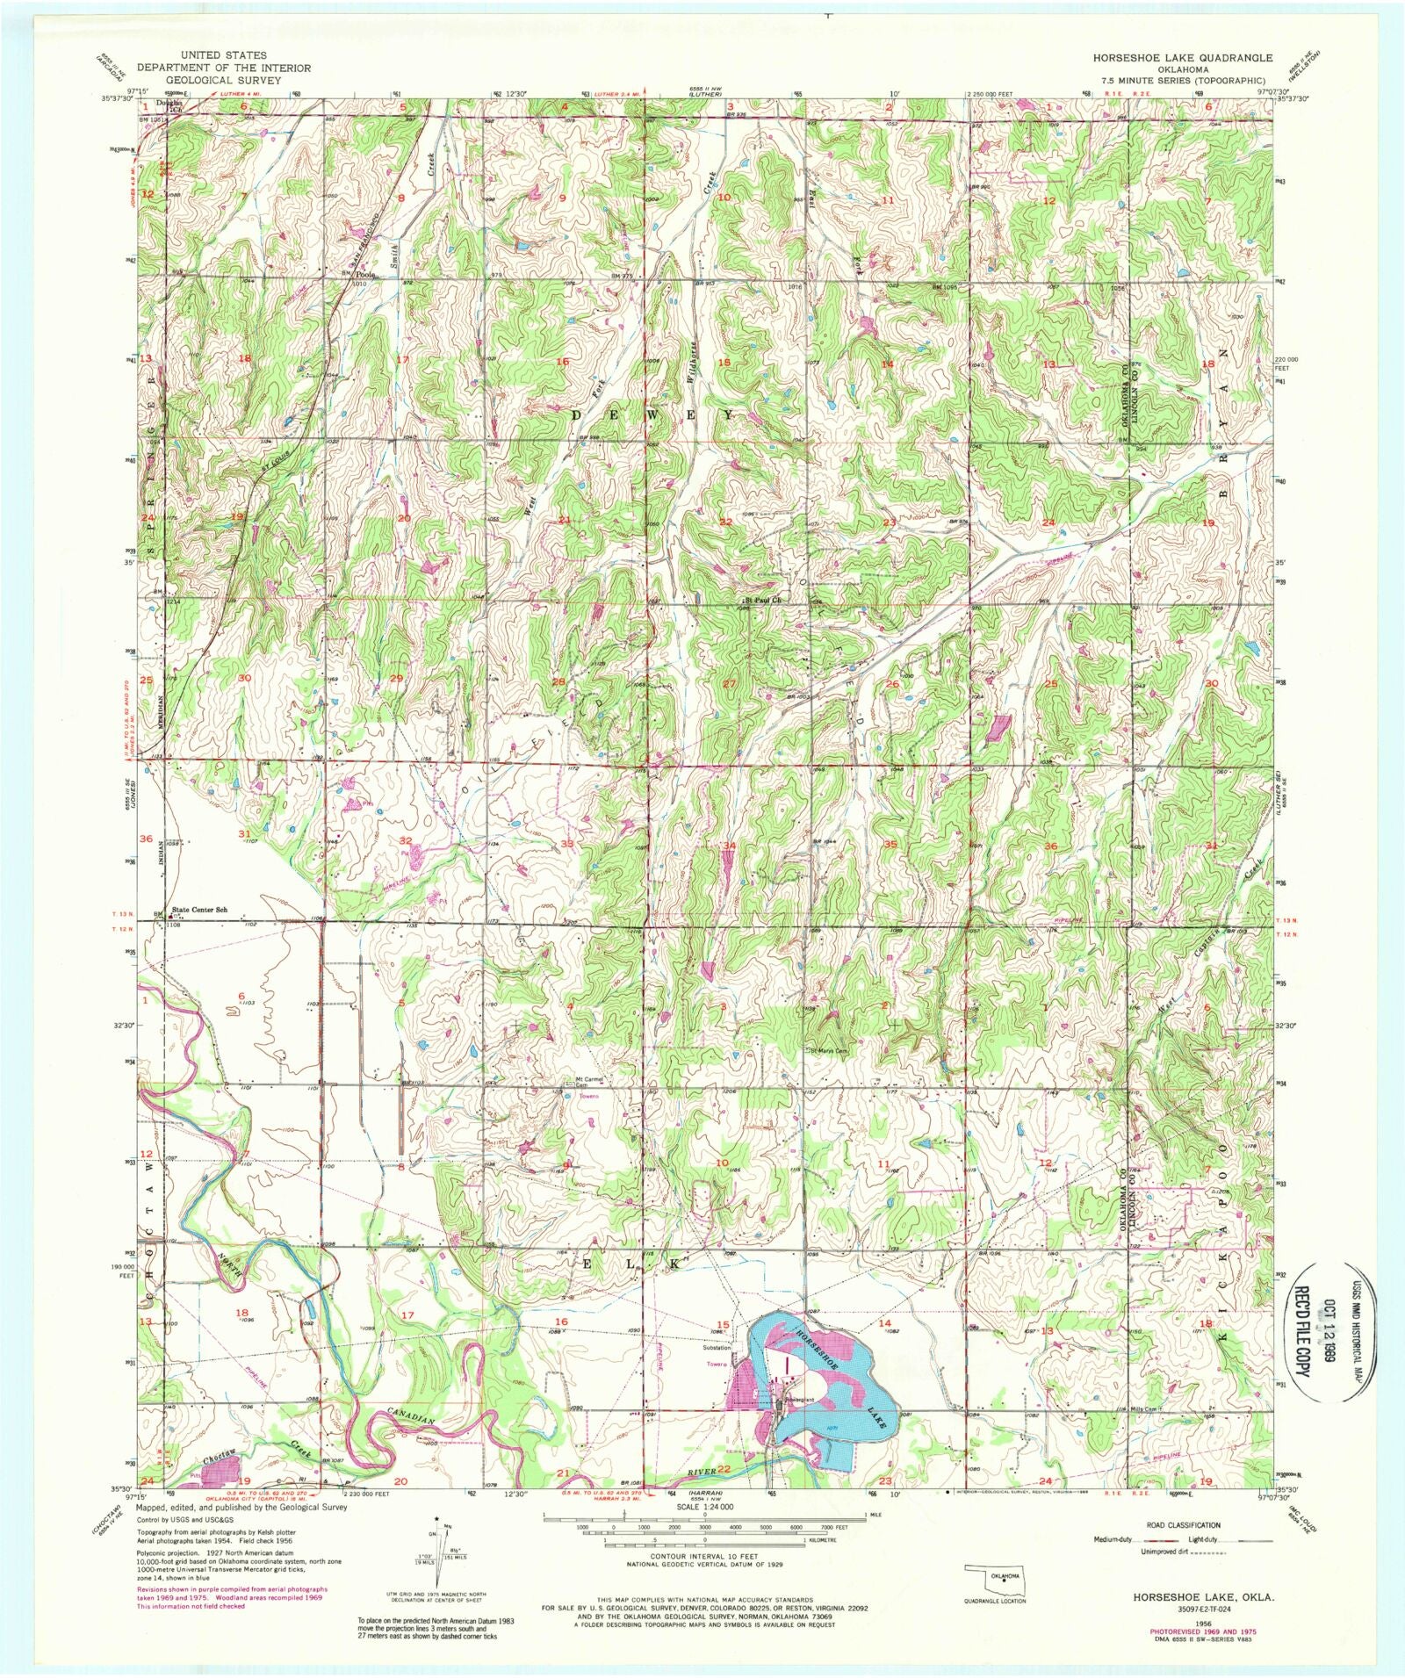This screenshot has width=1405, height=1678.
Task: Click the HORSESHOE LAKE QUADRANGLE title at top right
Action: (1182, 57)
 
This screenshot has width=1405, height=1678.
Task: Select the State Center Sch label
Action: (199, 910)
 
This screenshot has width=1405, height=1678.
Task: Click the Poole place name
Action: (366, 275)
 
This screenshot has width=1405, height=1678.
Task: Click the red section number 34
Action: (729, 846)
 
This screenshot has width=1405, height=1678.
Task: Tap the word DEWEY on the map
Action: (654, 413)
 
